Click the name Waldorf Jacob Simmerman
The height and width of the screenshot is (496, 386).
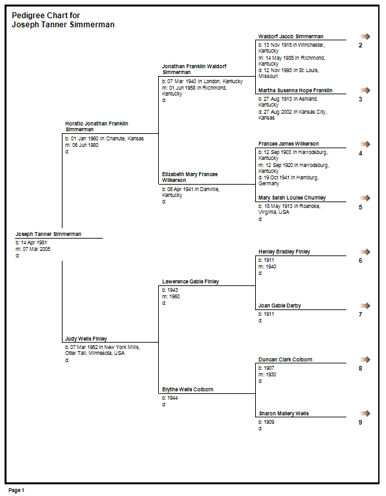pos(291,36)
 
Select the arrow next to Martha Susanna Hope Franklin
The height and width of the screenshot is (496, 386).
pos(365,90)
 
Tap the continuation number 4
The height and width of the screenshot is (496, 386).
pos(361,153)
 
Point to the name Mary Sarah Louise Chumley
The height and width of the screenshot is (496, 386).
pos(292,198)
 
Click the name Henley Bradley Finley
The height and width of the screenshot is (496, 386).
pos(284,252)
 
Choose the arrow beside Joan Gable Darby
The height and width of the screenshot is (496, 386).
pos(365,306)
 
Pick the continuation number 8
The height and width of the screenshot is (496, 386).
pos(361,368)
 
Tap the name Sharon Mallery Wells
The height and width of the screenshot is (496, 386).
pos(283,413)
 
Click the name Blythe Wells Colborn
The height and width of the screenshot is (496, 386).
pos(187,389)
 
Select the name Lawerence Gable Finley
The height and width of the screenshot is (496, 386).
pos(190,281)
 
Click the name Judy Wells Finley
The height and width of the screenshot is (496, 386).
pos(86,339)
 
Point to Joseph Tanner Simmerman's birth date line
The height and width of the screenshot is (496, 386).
pos(31,242)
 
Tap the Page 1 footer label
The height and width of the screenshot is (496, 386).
pos(16,490)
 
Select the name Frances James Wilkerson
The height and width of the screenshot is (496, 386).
pos(288,144)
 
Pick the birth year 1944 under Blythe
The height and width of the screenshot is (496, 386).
pos(172,398)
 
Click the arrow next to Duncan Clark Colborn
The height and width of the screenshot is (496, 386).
pos(365,359)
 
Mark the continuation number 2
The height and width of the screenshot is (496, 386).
pos(361,46)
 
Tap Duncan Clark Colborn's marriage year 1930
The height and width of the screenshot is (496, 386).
pos(270,374)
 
